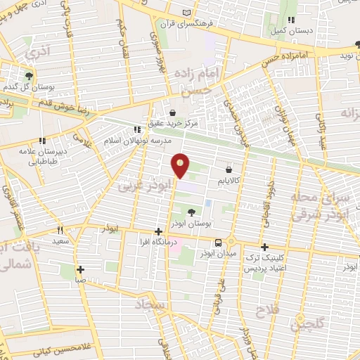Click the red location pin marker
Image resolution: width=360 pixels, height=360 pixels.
coord(181,165)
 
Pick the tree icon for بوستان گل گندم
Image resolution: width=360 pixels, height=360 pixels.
coord(28,76)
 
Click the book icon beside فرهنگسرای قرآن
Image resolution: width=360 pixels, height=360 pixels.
coord(186,13)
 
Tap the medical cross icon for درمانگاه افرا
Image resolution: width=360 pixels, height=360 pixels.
coord(159,232)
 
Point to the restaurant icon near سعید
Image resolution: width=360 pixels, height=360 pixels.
coord(60,229)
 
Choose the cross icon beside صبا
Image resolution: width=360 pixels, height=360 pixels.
coord(81,269)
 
